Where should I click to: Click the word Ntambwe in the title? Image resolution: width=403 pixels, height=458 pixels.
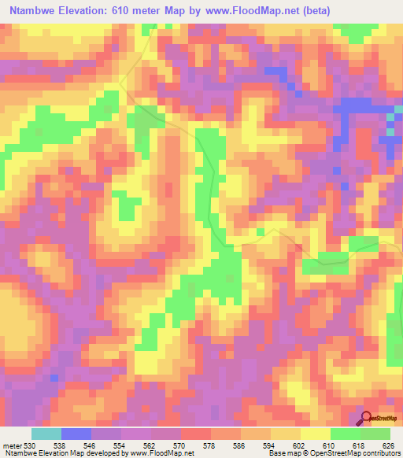(x=32, y=10)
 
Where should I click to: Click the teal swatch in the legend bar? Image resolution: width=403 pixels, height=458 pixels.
(x=46, y=434)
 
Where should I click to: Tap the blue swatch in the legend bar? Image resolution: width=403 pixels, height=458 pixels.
(x=76, y=434)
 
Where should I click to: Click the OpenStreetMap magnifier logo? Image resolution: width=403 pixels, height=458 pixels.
(x=366, y=418)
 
